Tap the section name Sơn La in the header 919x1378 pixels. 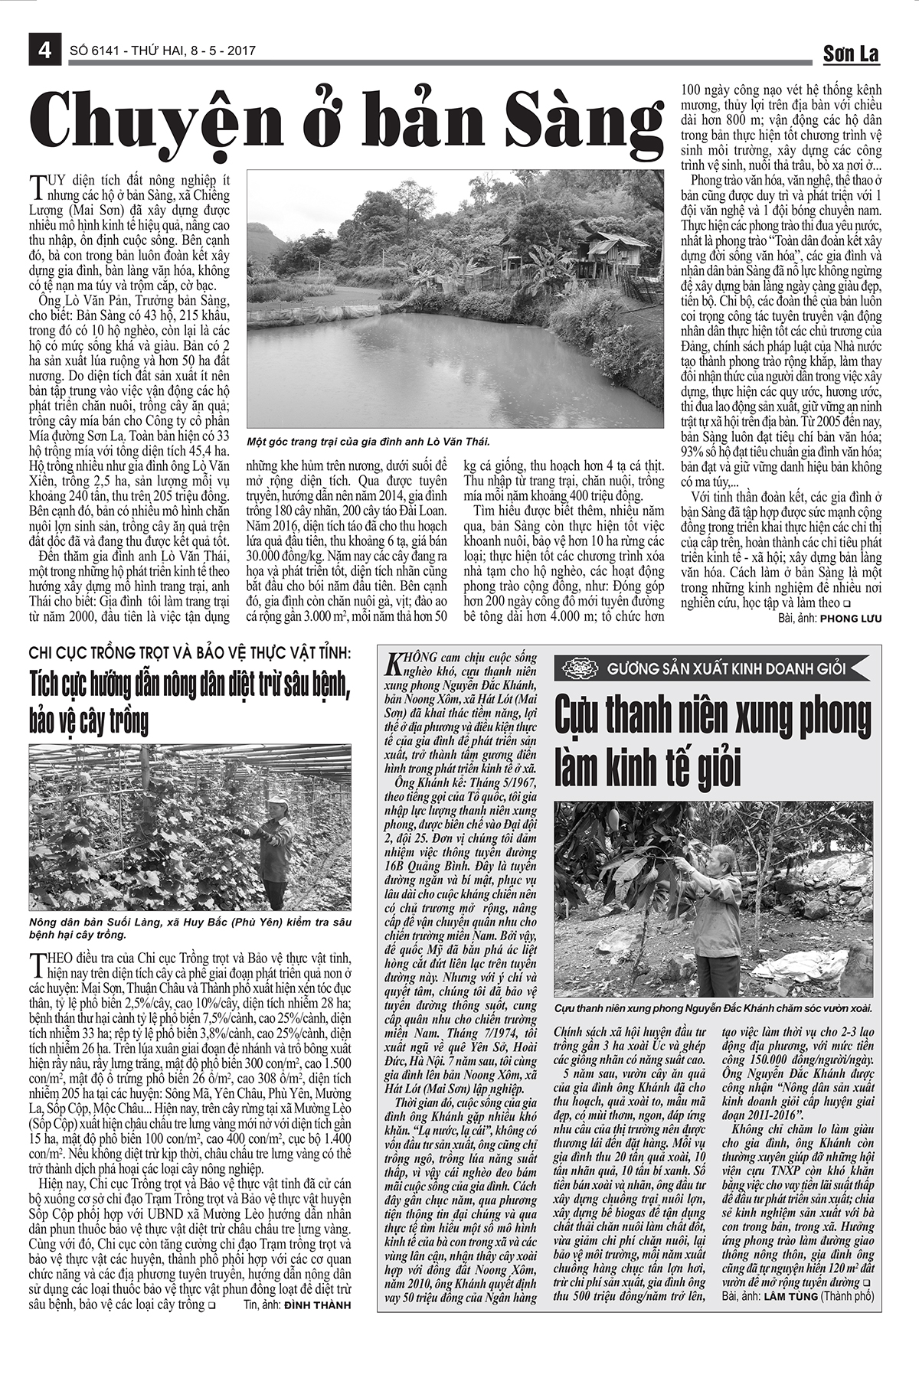pos(851,54)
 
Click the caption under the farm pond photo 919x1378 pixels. pos(368,442)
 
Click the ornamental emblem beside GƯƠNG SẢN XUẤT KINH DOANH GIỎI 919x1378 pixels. pos(579,668)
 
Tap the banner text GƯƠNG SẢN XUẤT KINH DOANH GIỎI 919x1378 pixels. pos(727,668)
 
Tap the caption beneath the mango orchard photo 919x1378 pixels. pos(712,1010)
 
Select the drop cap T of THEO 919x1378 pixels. pos(35,961)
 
